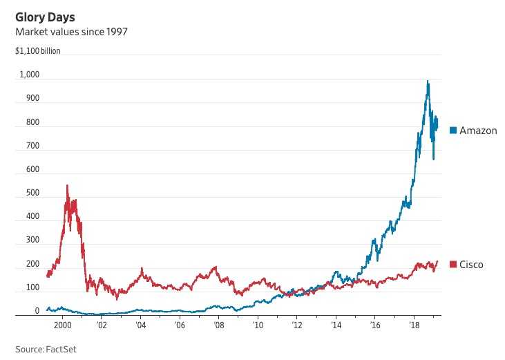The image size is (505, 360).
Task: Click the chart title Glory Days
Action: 46,17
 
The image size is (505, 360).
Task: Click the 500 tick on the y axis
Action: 32,193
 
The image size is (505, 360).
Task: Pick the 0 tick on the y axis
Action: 37,311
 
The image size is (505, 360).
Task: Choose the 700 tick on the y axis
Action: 32,146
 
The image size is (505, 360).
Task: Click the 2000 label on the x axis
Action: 62,324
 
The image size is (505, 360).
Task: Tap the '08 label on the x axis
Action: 218,324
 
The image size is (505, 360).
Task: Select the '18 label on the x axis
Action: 413,324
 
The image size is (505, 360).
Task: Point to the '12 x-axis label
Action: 296,324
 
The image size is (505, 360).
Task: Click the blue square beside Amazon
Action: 453,131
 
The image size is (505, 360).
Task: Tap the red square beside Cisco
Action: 453,265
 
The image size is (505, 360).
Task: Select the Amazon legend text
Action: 478,131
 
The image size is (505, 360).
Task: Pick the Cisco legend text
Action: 472,265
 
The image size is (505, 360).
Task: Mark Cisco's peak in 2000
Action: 67,185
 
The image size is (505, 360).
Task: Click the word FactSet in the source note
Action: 61,349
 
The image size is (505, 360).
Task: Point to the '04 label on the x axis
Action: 140,324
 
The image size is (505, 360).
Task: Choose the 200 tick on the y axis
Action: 32,264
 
